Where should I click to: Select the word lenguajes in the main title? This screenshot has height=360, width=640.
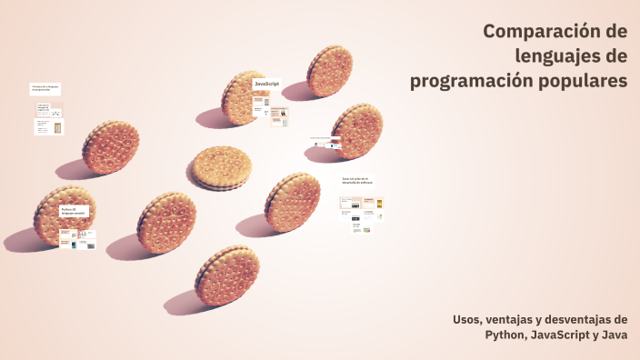[x=557, y=57]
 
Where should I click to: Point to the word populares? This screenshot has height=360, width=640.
[x=585, y=82]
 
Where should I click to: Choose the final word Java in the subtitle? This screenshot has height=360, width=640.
[x=614, y=335]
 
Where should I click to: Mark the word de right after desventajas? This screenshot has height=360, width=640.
[x=620, y=320]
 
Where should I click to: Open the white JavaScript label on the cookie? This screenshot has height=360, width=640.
[x=266, y=84]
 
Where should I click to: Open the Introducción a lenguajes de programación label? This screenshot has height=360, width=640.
[x=45, y=88]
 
